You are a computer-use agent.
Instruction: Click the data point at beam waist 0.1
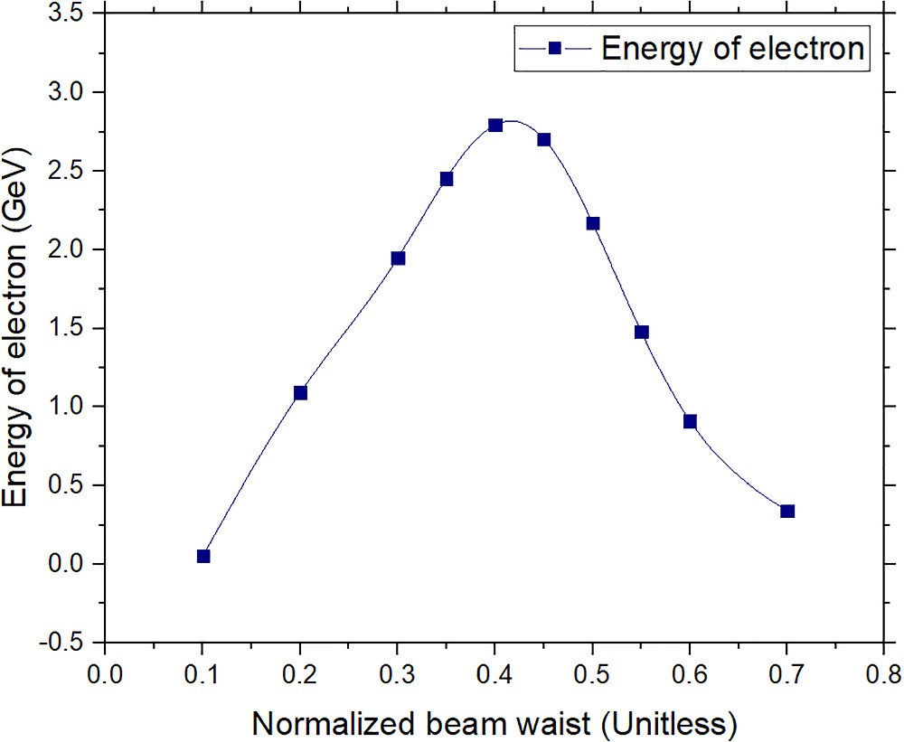click(x=203, y=556)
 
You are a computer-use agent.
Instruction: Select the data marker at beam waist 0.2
click(x=300, y=392)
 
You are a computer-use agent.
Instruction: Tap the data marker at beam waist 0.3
click(x=398, y=258)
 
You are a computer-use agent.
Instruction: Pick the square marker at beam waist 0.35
click(x=447, y=178)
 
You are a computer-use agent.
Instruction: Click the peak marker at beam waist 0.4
click(x=495, y=125)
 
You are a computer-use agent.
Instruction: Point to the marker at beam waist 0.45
click(x=544, y=139)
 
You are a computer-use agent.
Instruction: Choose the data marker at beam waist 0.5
click(x=593, y=223)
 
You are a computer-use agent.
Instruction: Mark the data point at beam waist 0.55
click(x=642, y=332)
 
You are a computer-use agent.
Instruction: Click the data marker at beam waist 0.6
click(x=691, y=421)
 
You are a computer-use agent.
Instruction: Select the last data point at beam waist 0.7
click(x=787, y=511)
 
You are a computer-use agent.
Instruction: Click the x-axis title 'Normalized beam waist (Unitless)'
click(x=494, y=722)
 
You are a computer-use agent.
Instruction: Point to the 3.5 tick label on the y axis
click(x=70, y=14)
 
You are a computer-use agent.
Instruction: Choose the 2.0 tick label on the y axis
click(x=70, y=249)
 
